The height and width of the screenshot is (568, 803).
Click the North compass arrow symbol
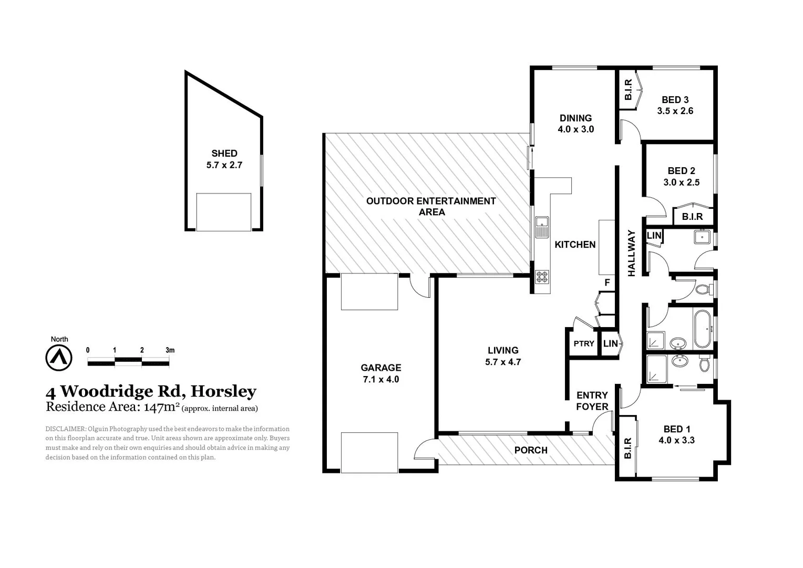click(x=59, y=358)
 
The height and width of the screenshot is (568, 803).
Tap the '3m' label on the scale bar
click(x=170, y=350)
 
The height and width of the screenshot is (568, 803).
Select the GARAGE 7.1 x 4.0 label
click(x=380, y=373)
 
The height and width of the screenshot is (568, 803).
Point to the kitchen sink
click(x=541, y=227)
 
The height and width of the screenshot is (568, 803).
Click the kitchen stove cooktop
click(x=542, y=277)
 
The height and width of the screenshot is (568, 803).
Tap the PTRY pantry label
click(x=583, y=343)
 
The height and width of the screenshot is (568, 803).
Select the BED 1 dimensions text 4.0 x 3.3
click(x=676, y=440)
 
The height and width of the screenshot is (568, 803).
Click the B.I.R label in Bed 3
click(x=628, y=90)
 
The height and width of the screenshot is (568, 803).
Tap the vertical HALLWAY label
click(x=631, y=253)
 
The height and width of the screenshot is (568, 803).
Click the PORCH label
click(x=531, y=450)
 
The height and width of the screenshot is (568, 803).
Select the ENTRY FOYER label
click(x=592, y=401)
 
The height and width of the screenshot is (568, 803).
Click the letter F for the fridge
click(x=607, y=283)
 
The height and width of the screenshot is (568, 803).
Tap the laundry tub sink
click(x=702, y=237)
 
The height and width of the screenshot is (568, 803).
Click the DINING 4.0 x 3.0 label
click(x=575, y=124)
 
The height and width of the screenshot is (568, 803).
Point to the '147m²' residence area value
click(x=159, y=406)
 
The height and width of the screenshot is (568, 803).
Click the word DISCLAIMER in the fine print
click(x=66, y=429)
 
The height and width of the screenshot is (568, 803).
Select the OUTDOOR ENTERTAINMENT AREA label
click(x=431, y=206)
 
